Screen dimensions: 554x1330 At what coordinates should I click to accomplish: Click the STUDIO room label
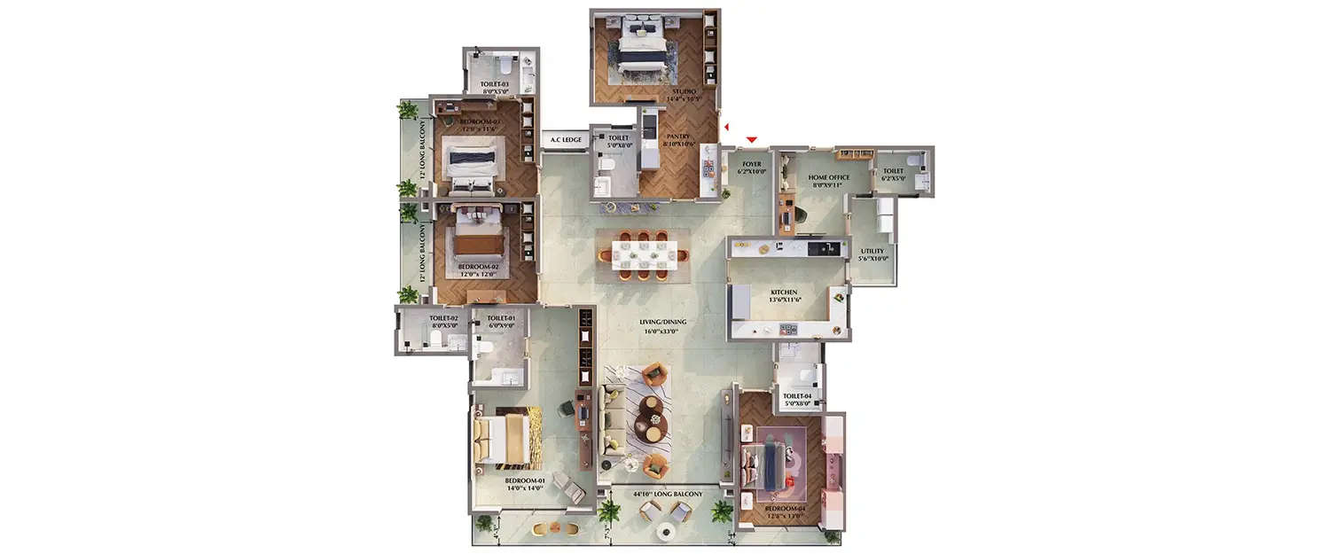pyautogui.click(x=683, y=91)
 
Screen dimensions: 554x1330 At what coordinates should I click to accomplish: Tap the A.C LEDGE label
pyautogui.click(x=566, y=140)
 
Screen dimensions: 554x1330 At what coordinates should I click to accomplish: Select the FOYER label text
pyautogui.click(x=752, y=164)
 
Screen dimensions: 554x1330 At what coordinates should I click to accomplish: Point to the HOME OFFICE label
pyautogui.click(x=828, y=177)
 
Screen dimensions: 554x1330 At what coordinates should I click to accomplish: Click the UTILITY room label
pyautogui.click(x=872, y=251)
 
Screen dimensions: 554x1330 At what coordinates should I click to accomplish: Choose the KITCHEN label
pyautogui.click(x=783, y=292)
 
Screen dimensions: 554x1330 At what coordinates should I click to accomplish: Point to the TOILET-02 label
pyautogui.click(x=442, y=318)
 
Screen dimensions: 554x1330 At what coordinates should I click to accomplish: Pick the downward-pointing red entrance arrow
pyautogui.click(x=752, y=139)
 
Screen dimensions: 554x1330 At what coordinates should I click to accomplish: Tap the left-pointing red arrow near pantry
pyautogui.click(x=725, y=129)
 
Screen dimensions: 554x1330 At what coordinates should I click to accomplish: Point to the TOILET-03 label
pyautogui.click(x=495, y=83)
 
